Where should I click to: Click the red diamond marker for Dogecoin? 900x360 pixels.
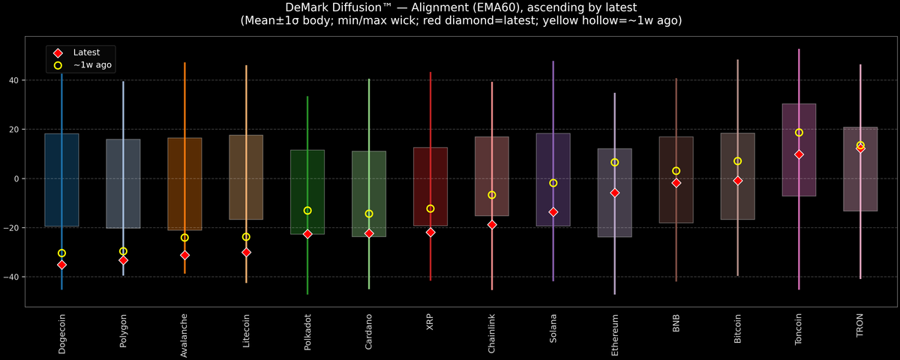coord(61,265)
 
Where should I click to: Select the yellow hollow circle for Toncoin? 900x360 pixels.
coord(799,133)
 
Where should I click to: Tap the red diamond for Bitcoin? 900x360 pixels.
coord(737,181)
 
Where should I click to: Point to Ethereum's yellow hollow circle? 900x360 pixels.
coord(614,162)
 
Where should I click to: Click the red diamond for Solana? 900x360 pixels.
coord(553,212)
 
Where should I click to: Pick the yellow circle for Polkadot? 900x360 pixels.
coord(307,211)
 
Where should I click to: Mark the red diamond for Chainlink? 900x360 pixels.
coord(492,224)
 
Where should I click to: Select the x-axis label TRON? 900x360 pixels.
coord(860,325)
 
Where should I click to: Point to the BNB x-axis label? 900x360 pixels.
coord(676,323)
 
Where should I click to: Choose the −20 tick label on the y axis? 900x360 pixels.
coord(12,228)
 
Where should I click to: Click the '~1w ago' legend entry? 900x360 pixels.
coord(92,65)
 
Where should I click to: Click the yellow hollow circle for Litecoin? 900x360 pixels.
coord(246,237)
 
